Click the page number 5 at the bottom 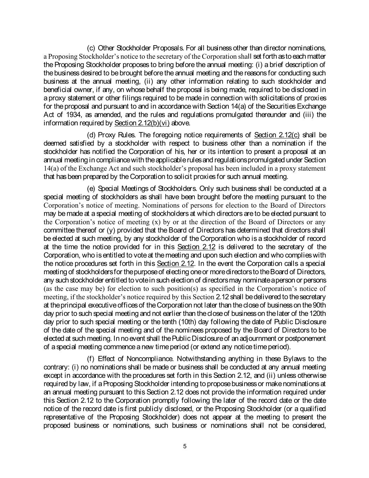tap(185, 446)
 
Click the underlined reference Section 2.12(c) tap(277, 135)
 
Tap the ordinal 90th tap(320, 305)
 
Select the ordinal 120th tap(317, 313)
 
